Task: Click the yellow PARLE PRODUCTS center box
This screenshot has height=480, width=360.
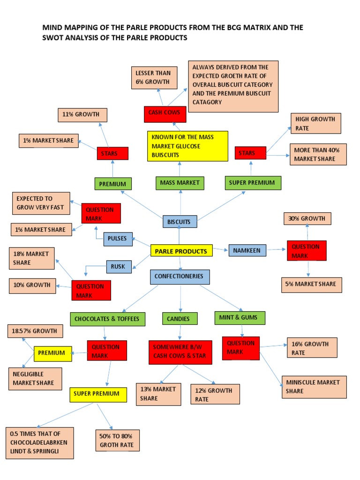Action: coord(181,251)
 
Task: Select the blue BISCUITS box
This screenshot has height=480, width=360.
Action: coord(180,221)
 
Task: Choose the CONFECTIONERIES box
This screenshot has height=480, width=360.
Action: coord(180,277)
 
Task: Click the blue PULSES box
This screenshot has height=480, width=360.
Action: coord(118,239)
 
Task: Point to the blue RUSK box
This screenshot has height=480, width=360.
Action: coord(119,266)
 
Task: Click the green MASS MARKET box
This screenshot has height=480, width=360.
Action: coord(180,182)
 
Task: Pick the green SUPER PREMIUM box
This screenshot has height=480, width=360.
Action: coord(253,183)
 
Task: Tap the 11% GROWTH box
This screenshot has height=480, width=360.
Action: coord(82,115)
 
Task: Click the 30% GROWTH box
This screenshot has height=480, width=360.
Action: coord(307,218)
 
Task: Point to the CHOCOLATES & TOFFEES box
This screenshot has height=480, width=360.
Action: coord(107,319)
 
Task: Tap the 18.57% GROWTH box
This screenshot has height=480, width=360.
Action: coord(35,331)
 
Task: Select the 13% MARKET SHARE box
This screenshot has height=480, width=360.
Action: coord(158,394)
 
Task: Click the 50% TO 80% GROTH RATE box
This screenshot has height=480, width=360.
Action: coord(117,440)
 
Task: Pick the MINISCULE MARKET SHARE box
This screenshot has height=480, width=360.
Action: coord(314,387)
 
